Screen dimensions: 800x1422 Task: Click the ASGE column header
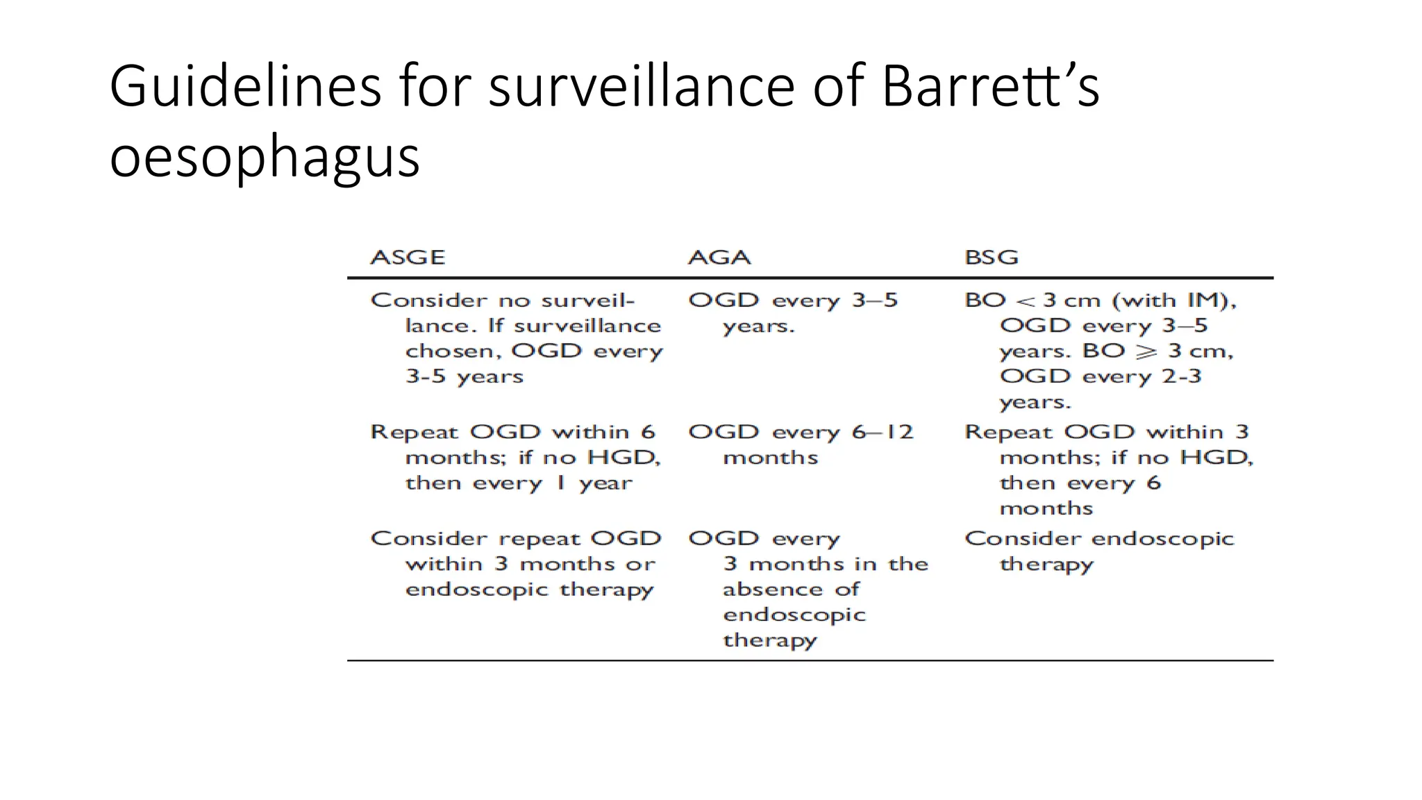(408, 258)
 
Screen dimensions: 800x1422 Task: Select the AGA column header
(719, 258)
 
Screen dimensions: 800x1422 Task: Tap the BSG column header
(992, 258)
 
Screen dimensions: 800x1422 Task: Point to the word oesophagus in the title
(265, 157)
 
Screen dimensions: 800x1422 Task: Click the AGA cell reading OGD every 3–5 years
(793, 312)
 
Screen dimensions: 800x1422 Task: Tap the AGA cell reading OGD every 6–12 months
(800, 444)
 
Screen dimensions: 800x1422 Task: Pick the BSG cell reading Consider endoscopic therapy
(1098, 551)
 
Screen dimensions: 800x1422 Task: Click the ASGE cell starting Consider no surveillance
(517, 338)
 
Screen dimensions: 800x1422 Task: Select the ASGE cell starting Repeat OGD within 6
(515, 457)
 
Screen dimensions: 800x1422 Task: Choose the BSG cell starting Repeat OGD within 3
(1108, 469)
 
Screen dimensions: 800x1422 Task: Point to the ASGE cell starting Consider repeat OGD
(515, 563)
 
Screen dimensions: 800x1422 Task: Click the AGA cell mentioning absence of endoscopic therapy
(808, 589)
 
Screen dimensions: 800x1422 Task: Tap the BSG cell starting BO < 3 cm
(1100, 351)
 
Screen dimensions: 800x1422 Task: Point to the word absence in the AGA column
(771, 590)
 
